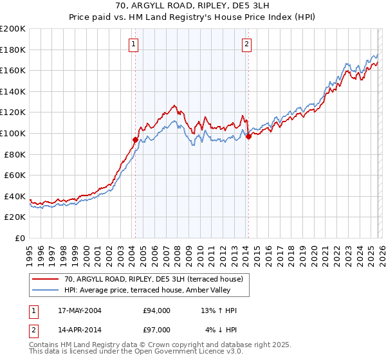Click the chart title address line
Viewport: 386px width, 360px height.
[193, 6]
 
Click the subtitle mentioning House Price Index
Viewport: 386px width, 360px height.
[193, 18]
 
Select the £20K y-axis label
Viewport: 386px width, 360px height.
[15, 217]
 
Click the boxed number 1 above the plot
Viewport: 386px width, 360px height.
[133, 44]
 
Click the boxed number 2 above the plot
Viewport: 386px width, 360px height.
[246, 44]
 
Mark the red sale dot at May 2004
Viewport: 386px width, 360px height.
[136, 139]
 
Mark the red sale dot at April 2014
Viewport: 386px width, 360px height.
[248, 136]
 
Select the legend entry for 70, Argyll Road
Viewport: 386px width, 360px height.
[153, 279]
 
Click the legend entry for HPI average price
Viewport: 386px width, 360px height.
[147, 291]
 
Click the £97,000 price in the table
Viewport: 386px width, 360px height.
[157, 329]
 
